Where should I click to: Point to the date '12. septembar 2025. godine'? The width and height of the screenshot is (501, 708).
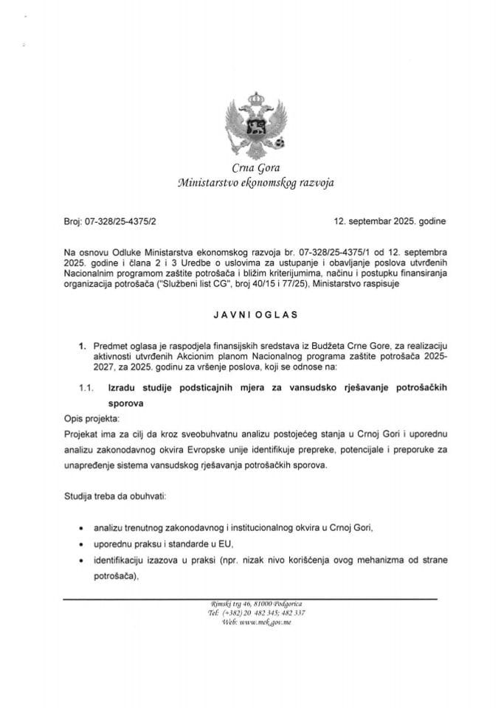click(x=384, y=220)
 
